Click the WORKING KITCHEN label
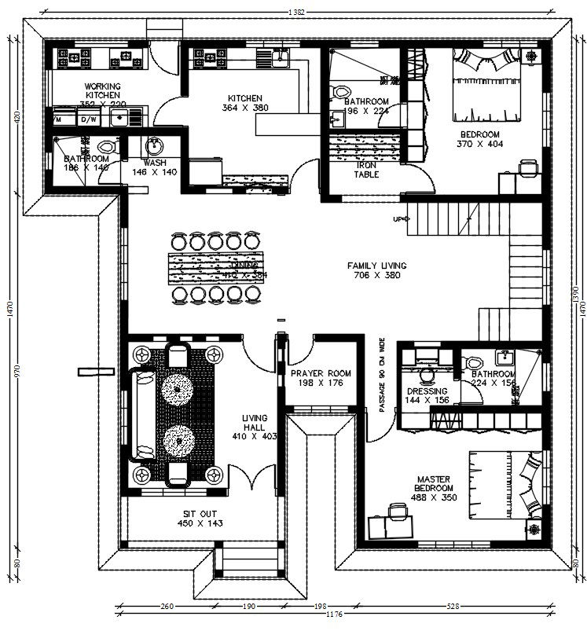[102, 90]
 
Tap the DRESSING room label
[427, 391]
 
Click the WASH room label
[155, 163]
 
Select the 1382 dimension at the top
[296, 12]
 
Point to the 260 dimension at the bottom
[166, 607]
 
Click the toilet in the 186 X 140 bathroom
[108, 147]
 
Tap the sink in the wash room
[154, 146]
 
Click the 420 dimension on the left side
[17, 118]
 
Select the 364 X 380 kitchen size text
[245, 108]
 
